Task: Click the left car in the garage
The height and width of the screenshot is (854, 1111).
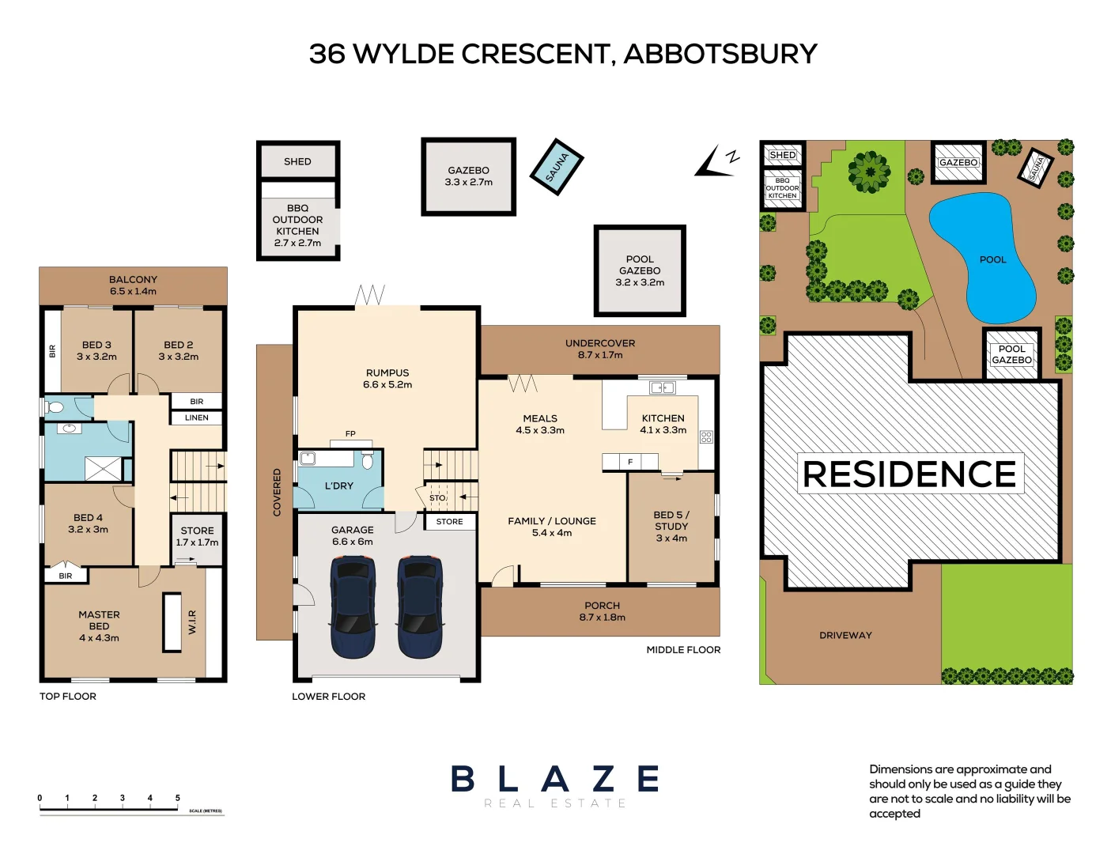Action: (x=353, y=606)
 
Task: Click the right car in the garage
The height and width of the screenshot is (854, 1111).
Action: (x=419, y=606)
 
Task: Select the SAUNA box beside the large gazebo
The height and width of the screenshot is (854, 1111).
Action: (x=557, y=166)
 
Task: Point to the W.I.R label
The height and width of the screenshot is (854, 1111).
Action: (x=192, y=622)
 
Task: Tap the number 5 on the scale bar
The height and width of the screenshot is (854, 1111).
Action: (x=178, y=798)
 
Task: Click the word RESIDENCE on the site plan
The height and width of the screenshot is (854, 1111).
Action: (x=909, y=474)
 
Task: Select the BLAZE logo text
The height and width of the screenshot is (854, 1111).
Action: (x=555, y=780)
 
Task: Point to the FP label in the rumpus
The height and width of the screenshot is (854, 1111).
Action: (x=350, y=434)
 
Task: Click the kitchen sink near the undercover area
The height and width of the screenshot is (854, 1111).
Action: (x=662, y=387)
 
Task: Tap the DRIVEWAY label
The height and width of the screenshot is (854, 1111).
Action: (x=845, y=635)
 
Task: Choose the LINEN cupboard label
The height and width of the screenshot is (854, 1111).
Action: (x=197, y=418)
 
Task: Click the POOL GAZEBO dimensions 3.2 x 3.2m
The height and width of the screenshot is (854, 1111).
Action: (x=640, y=282)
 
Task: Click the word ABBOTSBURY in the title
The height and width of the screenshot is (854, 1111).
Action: (x=720, y=54)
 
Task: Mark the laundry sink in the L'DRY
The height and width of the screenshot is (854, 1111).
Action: (x=308, y=458)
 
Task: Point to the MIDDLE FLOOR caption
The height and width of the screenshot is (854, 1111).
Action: (x=683, y=650)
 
